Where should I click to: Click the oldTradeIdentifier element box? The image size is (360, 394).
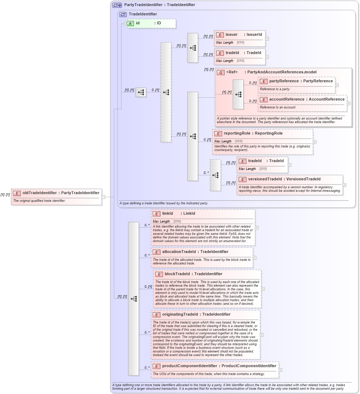56,196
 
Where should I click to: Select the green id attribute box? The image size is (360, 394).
150,23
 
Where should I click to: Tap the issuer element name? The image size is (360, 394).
231,35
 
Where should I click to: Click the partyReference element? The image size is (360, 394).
296,85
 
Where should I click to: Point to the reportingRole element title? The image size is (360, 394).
253,133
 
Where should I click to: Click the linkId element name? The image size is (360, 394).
168,214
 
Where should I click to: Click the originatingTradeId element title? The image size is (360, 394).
196,315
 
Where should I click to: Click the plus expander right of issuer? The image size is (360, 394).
267,39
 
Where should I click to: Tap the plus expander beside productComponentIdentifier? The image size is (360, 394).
280,370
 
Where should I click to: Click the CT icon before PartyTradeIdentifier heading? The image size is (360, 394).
117,5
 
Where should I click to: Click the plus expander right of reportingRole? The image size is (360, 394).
315,142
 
